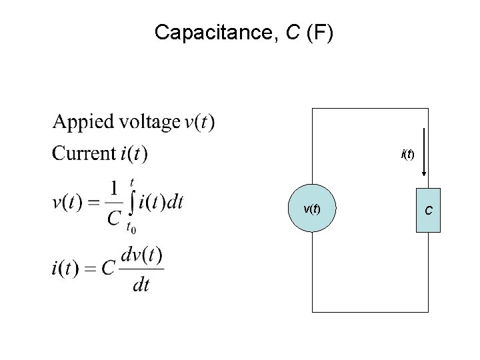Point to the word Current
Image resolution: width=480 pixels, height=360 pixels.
pyautogui.click(x=83, y=153)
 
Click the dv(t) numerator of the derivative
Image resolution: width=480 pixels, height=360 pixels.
pyautogui.click(x=142, y=255)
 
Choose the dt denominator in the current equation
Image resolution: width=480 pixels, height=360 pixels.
pyautogui.click(x=141, y=285)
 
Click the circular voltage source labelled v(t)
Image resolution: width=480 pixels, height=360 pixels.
pyautogui.click(x=312, y=209)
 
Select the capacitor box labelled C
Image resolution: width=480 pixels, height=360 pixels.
pyautogui.click(x=428, y=210)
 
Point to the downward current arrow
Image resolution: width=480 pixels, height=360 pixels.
pyautogui.click(x=425, y=153)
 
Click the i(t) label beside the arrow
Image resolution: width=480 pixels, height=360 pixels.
pyautogui.click(x=407, y=155)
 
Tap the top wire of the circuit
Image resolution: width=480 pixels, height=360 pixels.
pyautogui.click(x=370, y=107)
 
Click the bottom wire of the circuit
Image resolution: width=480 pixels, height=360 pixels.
pyautogui.click(x=370, y=311)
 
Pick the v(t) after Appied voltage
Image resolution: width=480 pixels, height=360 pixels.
pyautogui.click(x=199, y=123)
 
